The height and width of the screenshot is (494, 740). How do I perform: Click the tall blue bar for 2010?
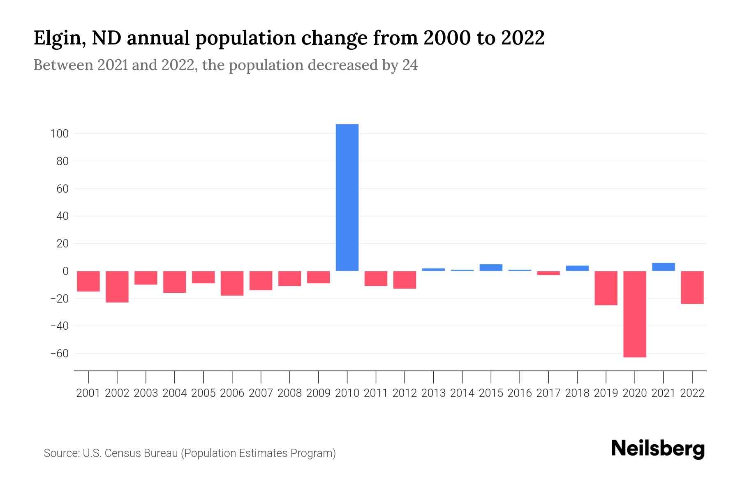tap(347, 198)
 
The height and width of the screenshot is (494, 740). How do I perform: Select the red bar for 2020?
tap(635, 314)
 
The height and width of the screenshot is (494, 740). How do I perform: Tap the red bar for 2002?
tap(117, 287)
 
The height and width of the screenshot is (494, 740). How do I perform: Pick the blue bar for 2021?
tap(664, 267)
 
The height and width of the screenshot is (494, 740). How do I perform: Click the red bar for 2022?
tap(692, 287)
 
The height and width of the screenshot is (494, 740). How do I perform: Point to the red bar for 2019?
tap(606, 288)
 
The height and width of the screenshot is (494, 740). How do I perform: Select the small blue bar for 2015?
tap(491, 268)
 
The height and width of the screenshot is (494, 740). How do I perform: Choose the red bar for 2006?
tap(232, 283)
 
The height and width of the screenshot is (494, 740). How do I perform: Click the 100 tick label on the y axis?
tap(60, 134)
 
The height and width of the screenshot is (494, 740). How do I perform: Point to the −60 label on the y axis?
tap(59, 354)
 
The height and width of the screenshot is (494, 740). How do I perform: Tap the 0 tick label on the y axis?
tap(65, 271)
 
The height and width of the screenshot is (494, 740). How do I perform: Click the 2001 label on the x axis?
tap(88, 393)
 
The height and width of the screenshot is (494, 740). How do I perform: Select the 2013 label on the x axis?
tap(433, 393)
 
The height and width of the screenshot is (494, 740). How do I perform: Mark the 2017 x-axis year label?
tap(548, 393)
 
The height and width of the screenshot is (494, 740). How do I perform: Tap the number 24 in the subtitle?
tap(410, 65)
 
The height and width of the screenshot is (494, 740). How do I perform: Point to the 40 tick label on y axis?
tap(62, 216)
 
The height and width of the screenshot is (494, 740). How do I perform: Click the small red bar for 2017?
tap(548, 273)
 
